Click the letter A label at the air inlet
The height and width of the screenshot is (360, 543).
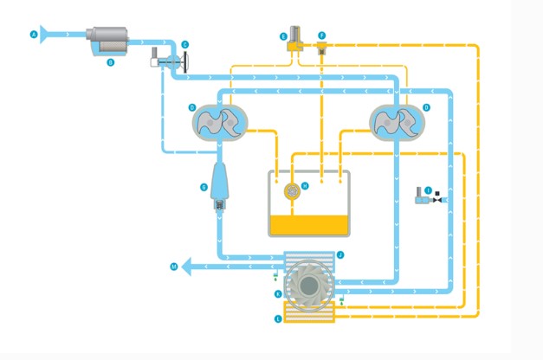(34, 35)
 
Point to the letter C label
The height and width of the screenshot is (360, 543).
(184, 44)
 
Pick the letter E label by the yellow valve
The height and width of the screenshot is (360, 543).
(283, 35)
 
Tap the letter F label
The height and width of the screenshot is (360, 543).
(321, 35)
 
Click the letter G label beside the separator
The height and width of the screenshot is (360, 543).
(204, 186)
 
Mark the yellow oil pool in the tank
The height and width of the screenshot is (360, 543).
(309, 225)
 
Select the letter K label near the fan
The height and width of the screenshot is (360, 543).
(277, 294)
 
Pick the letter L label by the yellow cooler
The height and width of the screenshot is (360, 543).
(277, 319)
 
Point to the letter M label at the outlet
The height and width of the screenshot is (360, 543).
(174, 267)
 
